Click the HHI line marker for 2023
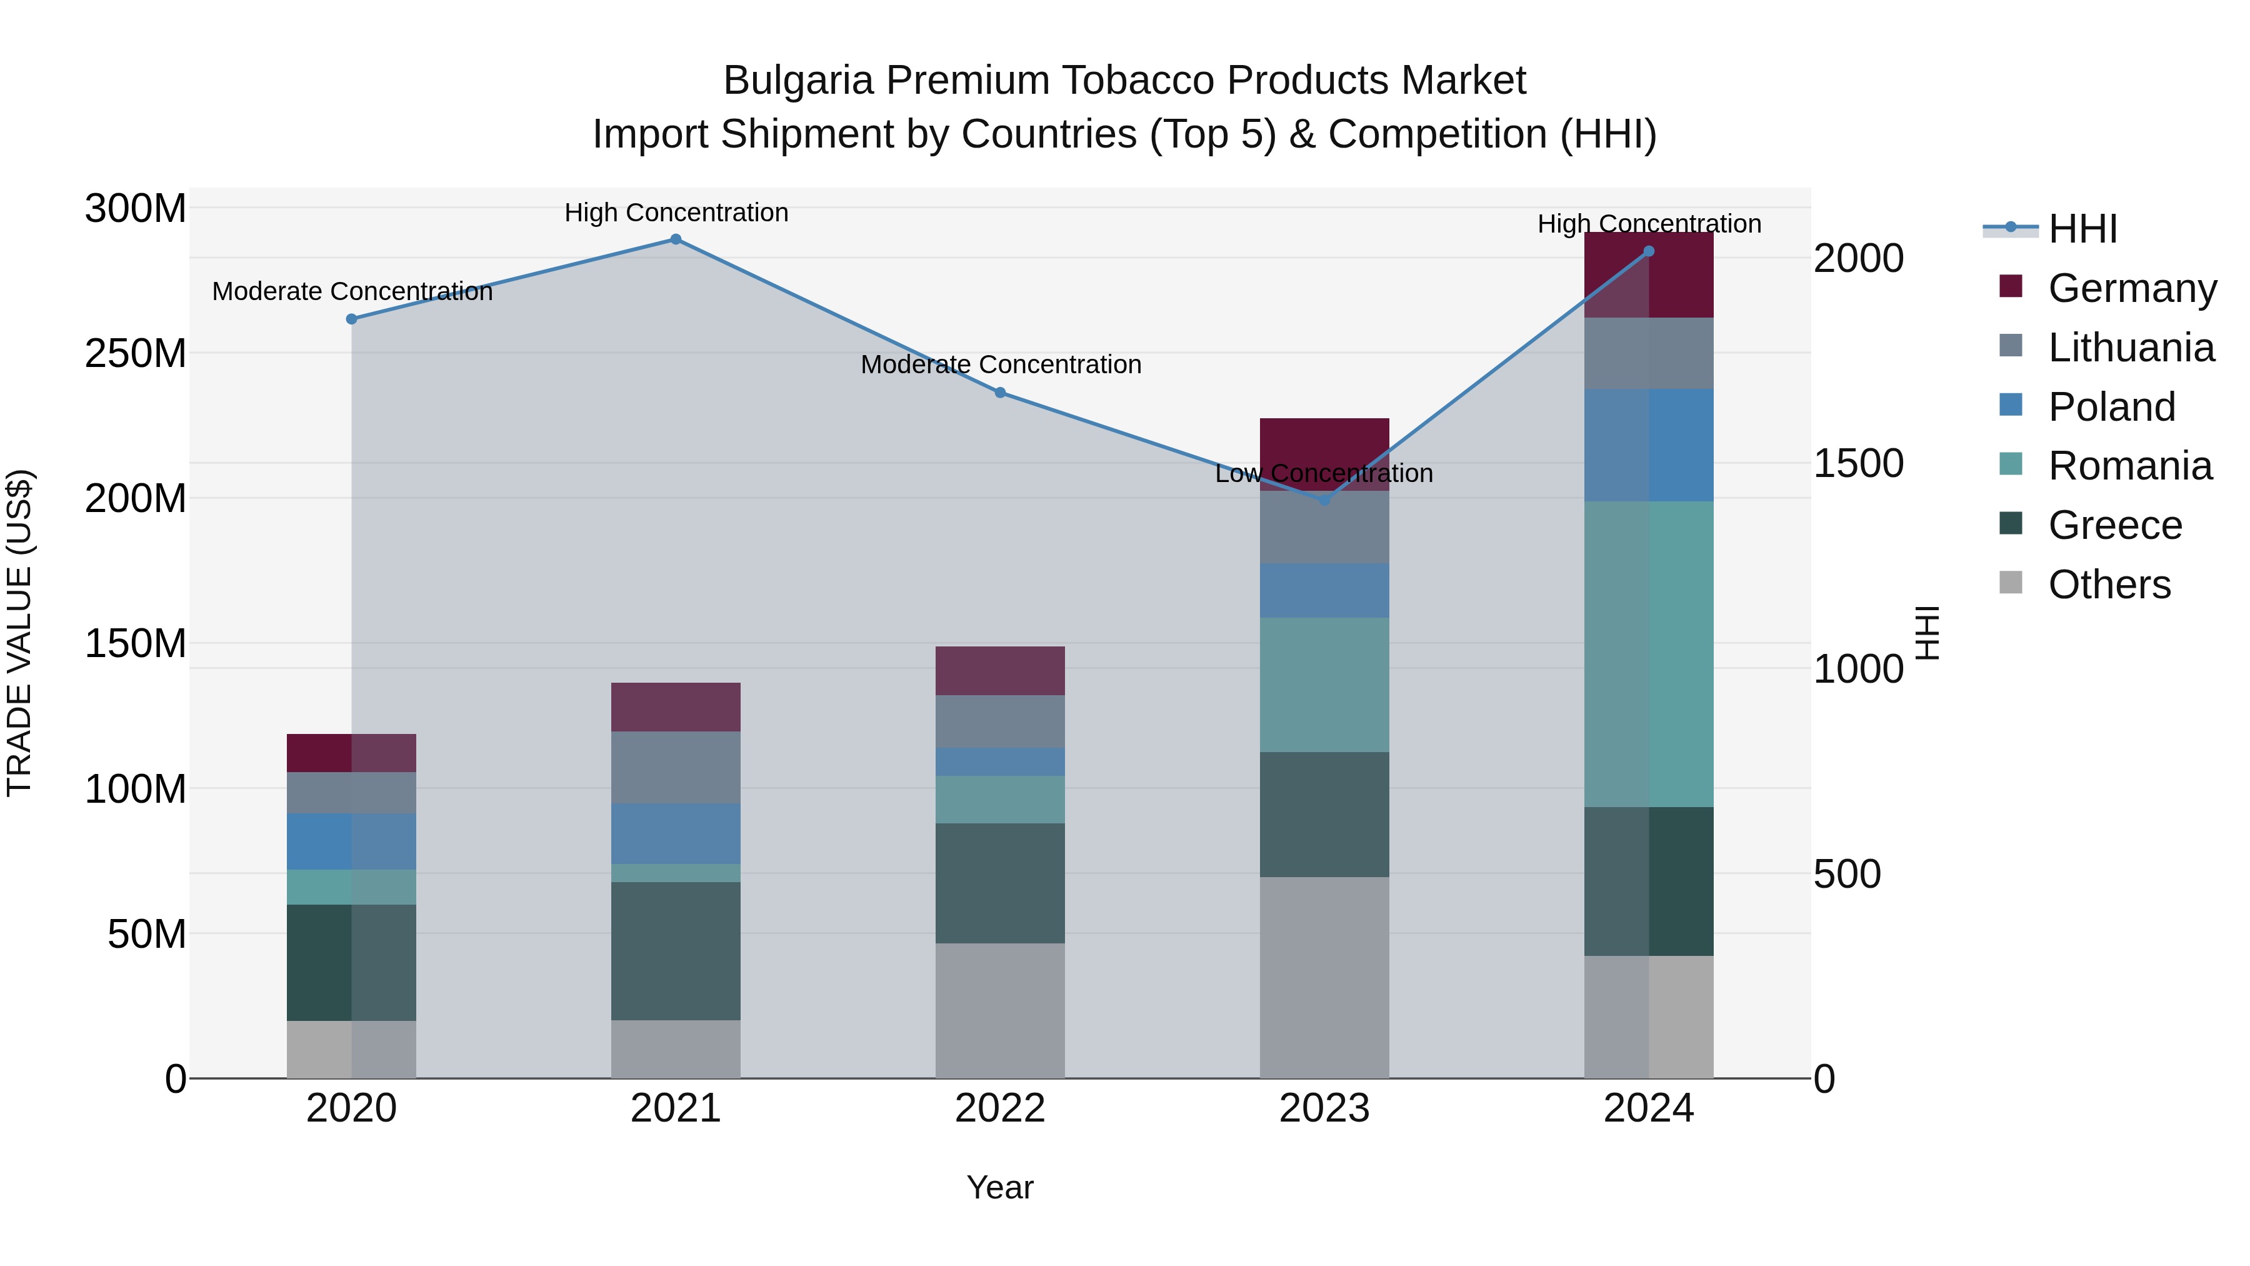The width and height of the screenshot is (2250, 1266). tap(1324, 501)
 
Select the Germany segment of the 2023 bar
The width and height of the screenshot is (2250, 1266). tap(1324, 441)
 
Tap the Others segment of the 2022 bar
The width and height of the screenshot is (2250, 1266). tap(1000, 1010)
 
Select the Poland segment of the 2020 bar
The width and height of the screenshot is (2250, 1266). tap(351, 841)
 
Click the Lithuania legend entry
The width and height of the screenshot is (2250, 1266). tap(2131, 348)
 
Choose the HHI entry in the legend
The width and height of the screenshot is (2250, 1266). tap(2082, 229)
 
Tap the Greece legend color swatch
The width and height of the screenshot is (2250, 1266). tap(2010, 523)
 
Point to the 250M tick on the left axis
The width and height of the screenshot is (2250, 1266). tap(136, 354)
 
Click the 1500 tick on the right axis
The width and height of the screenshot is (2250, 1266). tap(1858, 463)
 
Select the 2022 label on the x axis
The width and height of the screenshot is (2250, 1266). tap(1000, 1108)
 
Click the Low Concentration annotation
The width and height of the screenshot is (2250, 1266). tap(1324, 473)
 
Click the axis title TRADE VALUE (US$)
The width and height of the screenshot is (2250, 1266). tap(19, 633)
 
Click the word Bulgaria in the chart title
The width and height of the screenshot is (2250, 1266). tap(797, 81)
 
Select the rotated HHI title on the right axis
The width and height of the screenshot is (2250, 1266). tap(1926, 633)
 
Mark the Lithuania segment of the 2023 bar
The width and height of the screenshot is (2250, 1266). tap(1324, 527)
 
